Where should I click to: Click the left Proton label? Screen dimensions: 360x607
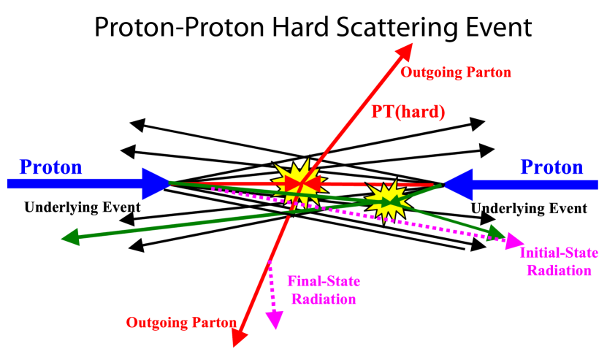pos(50,167)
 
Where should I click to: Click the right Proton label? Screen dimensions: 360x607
pos(551,167)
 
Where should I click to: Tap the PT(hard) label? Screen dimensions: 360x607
pos(408,112)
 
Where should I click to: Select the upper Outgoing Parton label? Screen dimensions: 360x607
pos(456,72)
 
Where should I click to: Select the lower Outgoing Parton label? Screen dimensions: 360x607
pos(181,322)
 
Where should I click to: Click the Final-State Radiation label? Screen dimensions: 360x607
pos(324,290)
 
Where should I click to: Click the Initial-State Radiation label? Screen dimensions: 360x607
pos(559,261)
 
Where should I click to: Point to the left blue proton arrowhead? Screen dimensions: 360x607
pos(156,183)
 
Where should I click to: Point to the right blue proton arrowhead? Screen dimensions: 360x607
pos(457,183)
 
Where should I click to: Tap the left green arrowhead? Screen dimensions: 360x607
pos(70,237)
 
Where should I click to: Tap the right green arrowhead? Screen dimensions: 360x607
pos(497,234)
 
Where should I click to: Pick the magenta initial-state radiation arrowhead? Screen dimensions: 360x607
pos(515,241)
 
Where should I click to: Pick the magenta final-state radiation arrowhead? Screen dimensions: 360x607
pos(275,320)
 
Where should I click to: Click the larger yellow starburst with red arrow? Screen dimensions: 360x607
pos(299,182)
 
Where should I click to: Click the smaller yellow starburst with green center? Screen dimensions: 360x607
pos(386,199)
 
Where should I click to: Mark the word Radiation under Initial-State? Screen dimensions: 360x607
pos(559,270)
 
